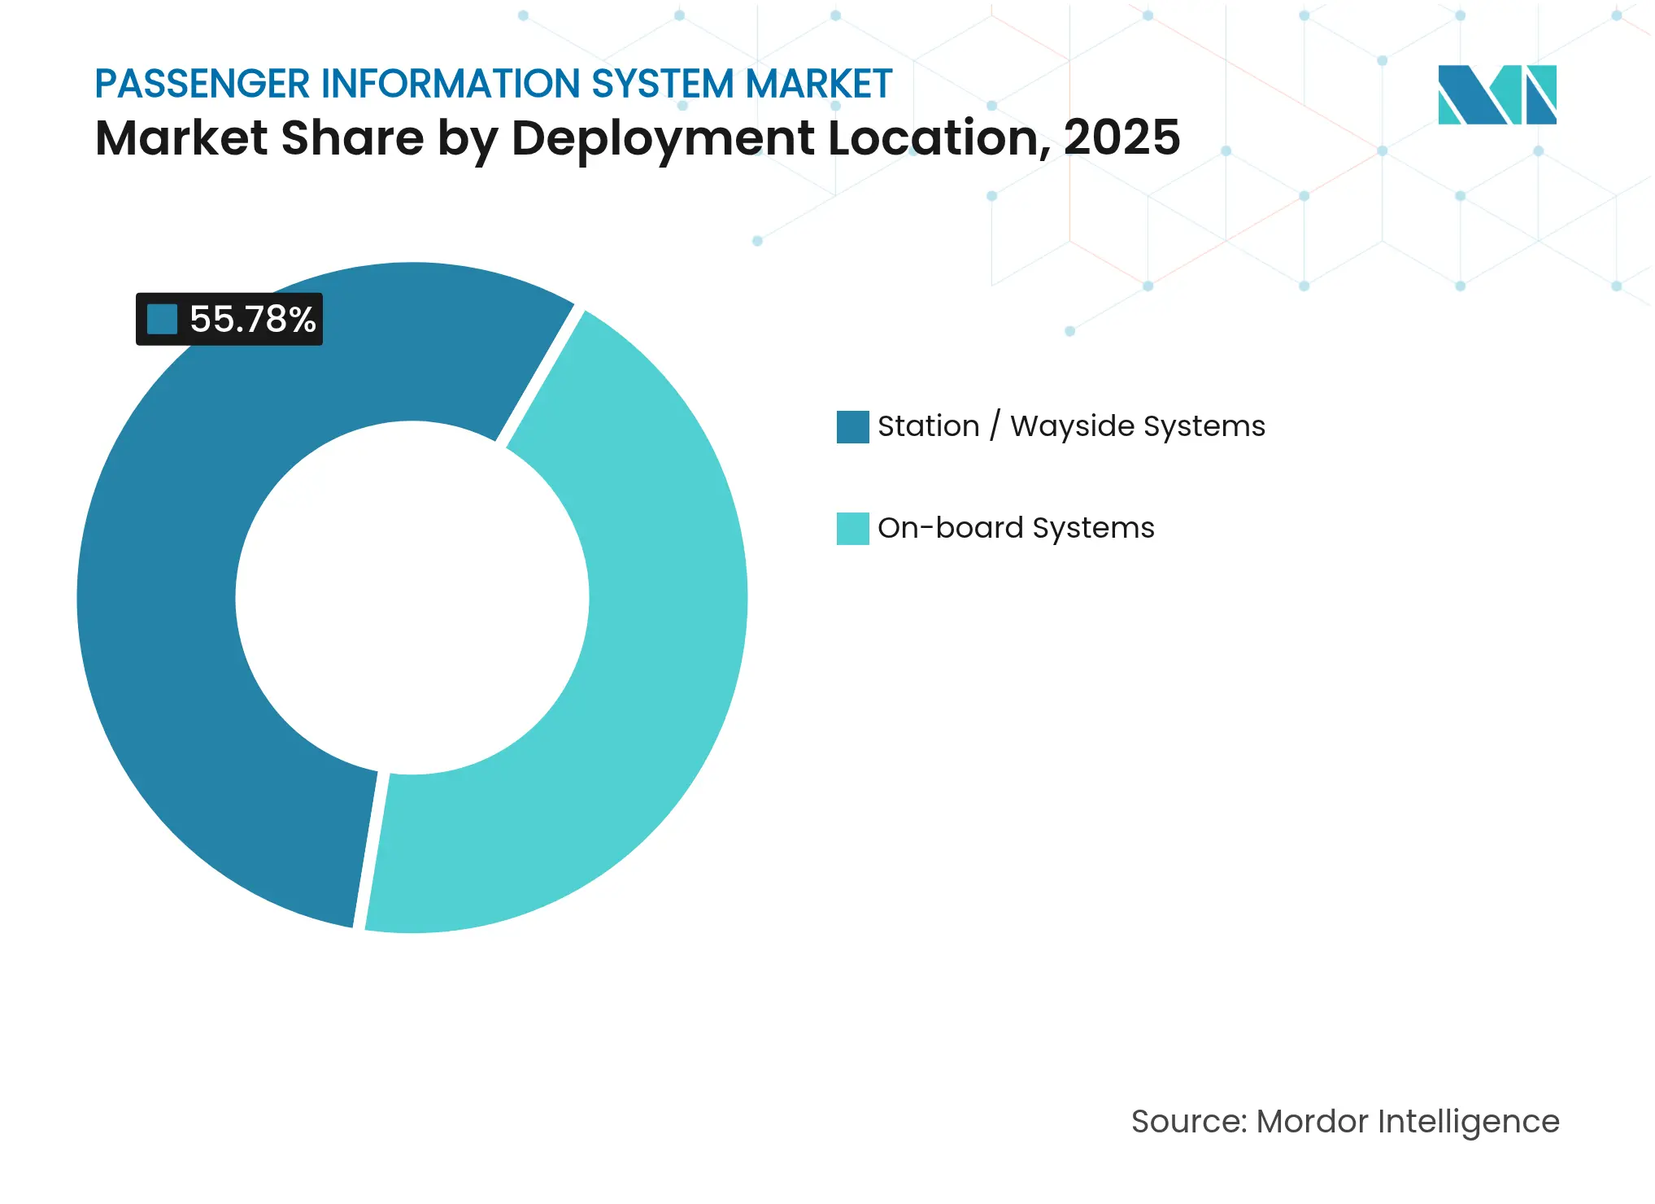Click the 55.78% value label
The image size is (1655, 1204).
[x=251, y=319]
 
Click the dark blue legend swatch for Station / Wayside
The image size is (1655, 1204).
[x=852, y=427]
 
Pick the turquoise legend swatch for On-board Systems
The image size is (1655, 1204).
[x=852, y=529]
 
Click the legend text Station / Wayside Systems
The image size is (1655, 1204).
[x=1071, y=426]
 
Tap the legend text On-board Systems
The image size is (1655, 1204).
[x=1016, y=528]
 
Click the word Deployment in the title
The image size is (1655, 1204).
[x=663, y=137]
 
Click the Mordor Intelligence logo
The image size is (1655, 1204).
[x=1496, y=94]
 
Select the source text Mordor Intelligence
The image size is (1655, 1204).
[x=1407, y=1121]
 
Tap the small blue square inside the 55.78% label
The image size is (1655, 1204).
[x=162, y=319]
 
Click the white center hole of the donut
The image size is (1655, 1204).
[x=412, y=598]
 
